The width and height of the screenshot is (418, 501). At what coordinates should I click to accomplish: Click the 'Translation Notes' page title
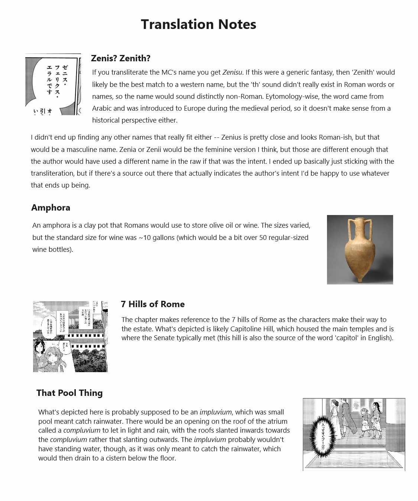(x=198, y=25)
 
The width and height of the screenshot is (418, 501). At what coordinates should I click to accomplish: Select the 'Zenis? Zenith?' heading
(x=120, y=58)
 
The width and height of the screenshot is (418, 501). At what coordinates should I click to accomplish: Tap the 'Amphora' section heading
(x=51, y=208)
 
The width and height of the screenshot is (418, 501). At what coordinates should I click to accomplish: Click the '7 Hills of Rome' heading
(x=152, y=304)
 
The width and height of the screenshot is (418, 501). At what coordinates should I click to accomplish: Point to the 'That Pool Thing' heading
(x=69, y=393)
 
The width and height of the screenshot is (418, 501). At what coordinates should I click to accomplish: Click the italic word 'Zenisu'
(x=232, y=72)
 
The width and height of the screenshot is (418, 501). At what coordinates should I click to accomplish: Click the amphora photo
(x=360, y=250)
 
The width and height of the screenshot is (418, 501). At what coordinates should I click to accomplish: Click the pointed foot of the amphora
(x=359, y=279)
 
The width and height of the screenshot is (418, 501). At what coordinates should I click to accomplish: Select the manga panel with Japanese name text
(x=53, y=85)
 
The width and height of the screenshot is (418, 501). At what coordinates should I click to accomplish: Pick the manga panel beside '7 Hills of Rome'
(x=70, y=336)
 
